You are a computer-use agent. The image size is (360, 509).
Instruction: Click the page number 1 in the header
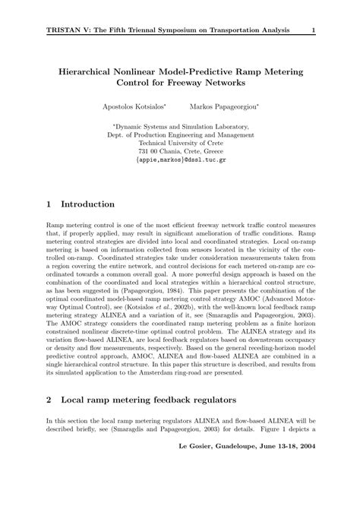[313, 30]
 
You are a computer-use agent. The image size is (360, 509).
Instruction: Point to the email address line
[180, 161]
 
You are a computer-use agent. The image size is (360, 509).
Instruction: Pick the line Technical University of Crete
[180, 141]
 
